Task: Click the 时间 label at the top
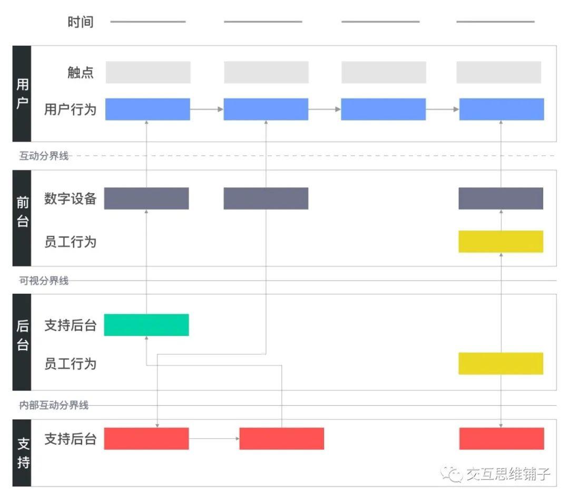80,22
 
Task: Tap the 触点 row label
81,72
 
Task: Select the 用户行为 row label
70,109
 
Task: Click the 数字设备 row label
70,198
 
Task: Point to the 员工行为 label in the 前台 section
70,242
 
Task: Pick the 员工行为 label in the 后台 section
70,364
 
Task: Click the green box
146,325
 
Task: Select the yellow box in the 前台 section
501,242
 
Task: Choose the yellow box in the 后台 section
501,364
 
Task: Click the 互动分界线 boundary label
44,156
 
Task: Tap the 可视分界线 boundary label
44,281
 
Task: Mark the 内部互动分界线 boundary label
54,405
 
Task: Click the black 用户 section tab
22,94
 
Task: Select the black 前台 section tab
22,218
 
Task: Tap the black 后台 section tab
22,342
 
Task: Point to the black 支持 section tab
22,453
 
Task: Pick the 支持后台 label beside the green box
70,325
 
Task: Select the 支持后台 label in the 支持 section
70,438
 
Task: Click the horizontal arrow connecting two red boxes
214,438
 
